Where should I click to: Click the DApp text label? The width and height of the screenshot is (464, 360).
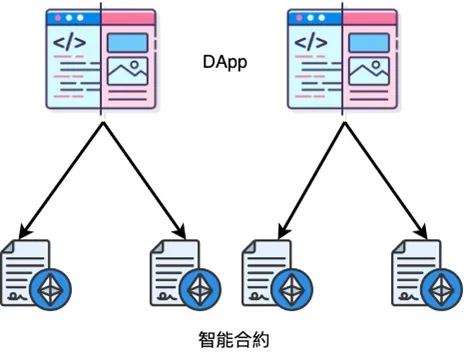(x=224, y=62)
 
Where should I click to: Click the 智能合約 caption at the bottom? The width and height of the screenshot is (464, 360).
(x=232, y=339)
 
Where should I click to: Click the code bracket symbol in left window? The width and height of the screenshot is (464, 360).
(x=68, y=42)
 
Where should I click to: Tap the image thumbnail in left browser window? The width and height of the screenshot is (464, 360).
(x=127, y=73)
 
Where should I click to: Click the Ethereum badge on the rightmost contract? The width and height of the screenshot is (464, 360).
(x=441, y=289)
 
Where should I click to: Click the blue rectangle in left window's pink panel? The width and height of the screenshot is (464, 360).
(x=127, y=43)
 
